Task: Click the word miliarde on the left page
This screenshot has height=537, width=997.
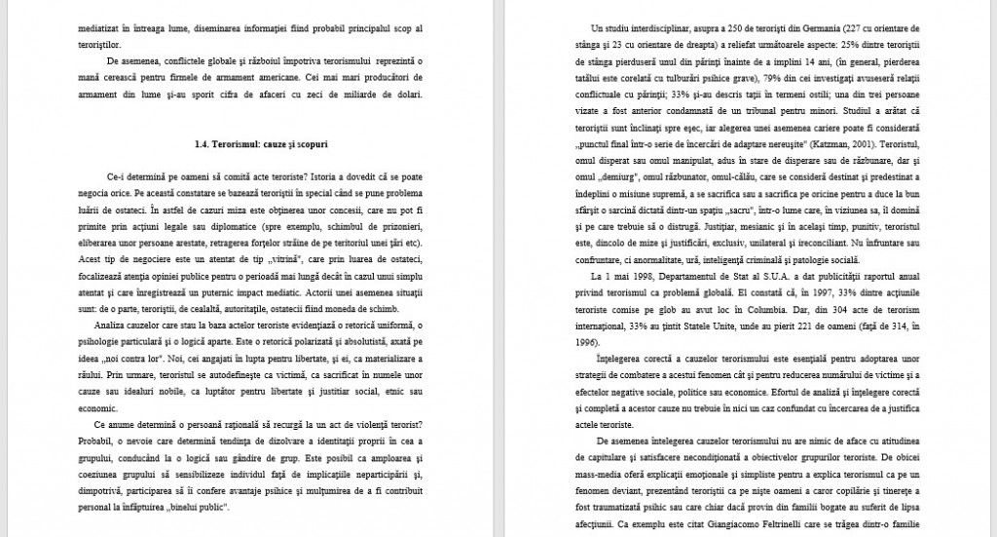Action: tap(367, 94)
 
